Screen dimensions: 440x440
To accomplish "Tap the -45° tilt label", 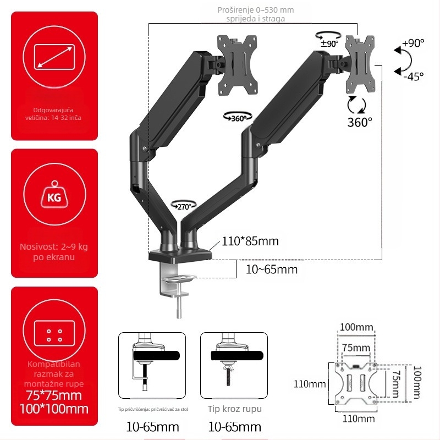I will (x=413, y=76).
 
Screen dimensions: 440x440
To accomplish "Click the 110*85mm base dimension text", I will (x=250, y=241).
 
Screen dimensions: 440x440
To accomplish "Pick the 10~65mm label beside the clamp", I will (x=272, y=269).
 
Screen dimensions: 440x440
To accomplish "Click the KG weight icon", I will (x=54, y=196).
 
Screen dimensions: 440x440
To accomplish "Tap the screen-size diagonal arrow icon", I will (x=54, y=57).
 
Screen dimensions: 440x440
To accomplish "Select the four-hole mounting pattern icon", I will (x=54, y=335).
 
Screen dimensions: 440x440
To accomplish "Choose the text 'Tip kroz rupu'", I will (x=235, y=409).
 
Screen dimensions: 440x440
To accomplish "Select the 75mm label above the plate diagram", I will (x=356, y=348).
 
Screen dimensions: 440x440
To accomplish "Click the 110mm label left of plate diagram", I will (x=310, y=384).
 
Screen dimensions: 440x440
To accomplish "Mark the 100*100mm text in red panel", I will (x=54, y=409).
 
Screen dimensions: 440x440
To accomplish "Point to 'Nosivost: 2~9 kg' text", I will (x=54, y=246).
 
